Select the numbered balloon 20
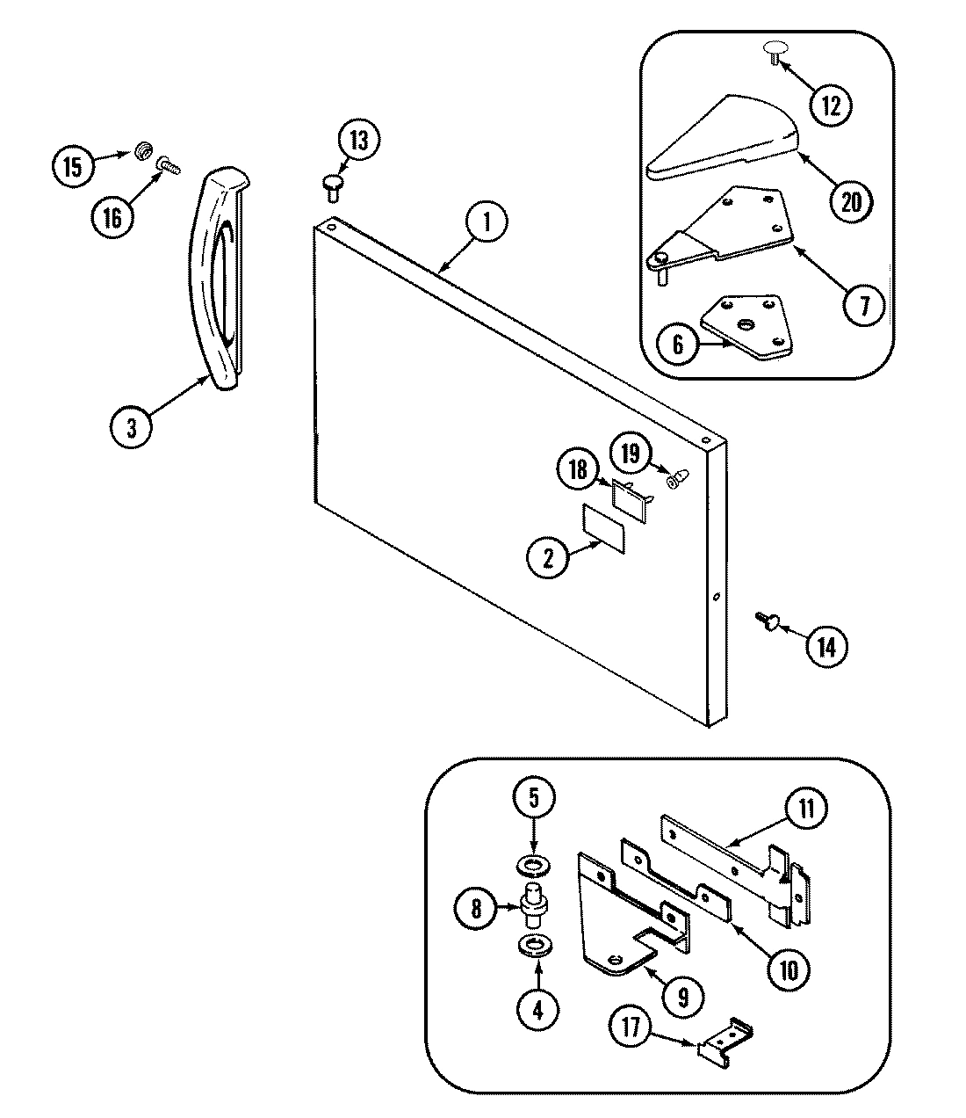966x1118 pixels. pyautogui.click(x=851, y=201)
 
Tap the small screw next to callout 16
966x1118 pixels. pyautogui.click(x=168, y=164)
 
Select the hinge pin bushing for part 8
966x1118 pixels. pyautogui.click(x=532, y=906)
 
